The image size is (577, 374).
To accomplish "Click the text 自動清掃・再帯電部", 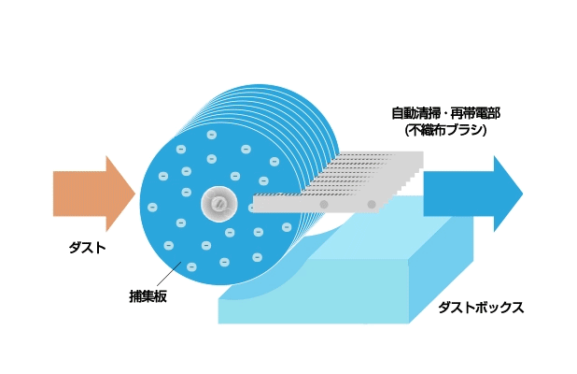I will [x=445, y=113].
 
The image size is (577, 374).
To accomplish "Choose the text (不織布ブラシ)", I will [x=445, y=130].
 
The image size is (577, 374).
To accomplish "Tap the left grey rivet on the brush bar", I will [x=324, y=203].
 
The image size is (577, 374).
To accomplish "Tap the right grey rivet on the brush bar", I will [x=372, y=203].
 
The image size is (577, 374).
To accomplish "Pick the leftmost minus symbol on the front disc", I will [x=152, y=207].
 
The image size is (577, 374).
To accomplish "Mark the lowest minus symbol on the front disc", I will [x=191, y=266].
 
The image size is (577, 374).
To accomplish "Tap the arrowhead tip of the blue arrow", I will [x=521, y=194].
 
